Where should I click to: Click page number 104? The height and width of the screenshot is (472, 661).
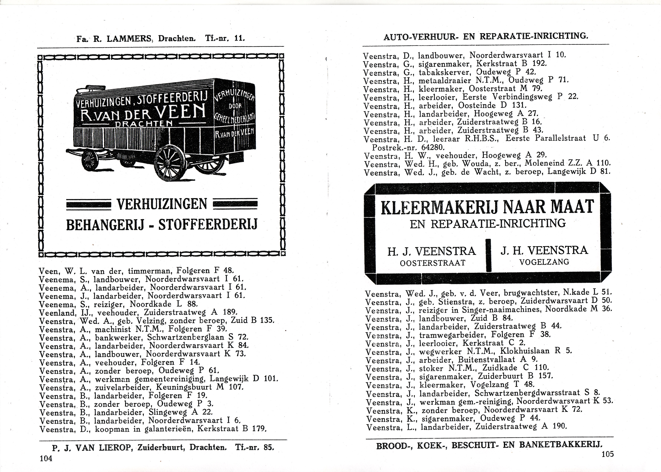[x=46, y=458]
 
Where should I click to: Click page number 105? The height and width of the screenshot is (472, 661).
[x=607, y=454]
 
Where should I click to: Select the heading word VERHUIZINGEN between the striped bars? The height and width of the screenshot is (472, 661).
[x=162, y=204]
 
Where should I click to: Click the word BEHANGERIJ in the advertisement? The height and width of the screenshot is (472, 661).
[x=105, y=225]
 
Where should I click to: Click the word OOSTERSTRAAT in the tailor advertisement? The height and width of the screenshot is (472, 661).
[x=433, y=263]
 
